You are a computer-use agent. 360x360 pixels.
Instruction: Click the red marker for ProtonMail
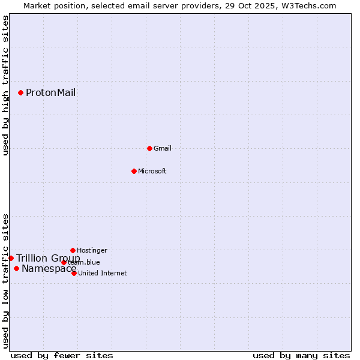point(20,92)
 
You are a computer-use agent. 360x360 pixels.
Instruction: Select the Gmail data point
point(149,148)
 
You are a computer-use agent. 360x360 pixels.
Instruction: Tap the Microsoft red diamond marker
point(134,171)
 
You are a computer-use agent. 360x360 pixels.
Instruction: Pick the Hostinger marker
point(73,250)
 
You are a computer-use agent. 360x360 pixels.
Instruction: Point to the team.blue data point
point(64,262)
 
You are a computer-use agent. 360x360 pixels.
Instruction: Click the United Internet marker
point(74,273)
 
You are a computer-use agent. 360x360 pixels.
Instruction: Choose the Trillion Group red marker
point(11,258)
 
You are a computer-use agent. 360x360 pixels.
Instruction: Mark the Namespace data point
point(16,268)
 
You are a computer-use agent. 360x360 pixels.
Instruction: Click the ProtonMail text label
point(50,92)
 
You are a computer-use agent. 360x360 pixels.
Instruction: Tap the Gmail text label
point(163,148)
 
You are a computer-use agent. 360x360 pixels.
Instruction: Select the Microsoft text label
point(152,171)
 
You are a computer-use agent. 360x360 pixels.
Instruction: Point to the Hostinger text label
point(92,250)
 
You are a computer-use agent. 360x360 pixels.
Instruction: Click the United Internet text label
point(103,273)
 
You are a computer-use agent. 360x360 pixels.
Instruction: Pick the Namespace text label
point(48,268)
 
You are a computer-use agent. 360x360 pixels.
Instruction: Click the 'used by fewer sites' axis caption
point(62,355)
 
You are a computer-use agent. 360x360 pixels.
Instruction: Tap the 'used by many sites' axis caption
point(301,355)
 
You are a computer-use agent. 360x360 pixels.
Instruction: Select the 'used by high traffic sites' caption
point(5,85)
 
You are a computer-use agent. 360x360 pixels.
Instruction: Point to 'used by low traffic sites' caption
point(5,281)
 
